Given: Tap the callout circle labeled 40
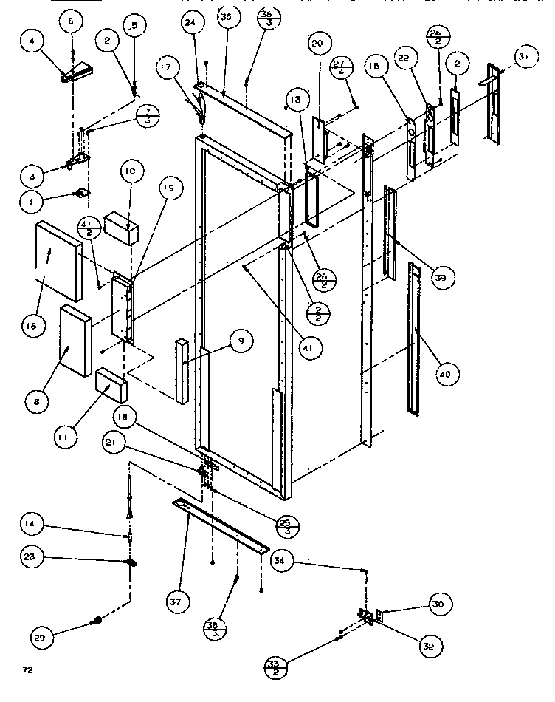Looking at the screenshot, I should click(444, 375).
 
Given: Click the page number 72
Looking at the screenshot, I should click(27, 671).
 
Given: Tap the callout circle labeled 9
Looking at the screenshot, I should click(241, 341).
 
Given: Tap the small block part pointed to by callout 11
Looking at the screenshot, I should click(111, 384).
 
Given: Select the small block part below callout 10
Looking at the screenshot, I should click(122, 226).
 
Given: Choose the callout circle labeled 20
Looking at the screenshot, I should click(317, 44).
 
